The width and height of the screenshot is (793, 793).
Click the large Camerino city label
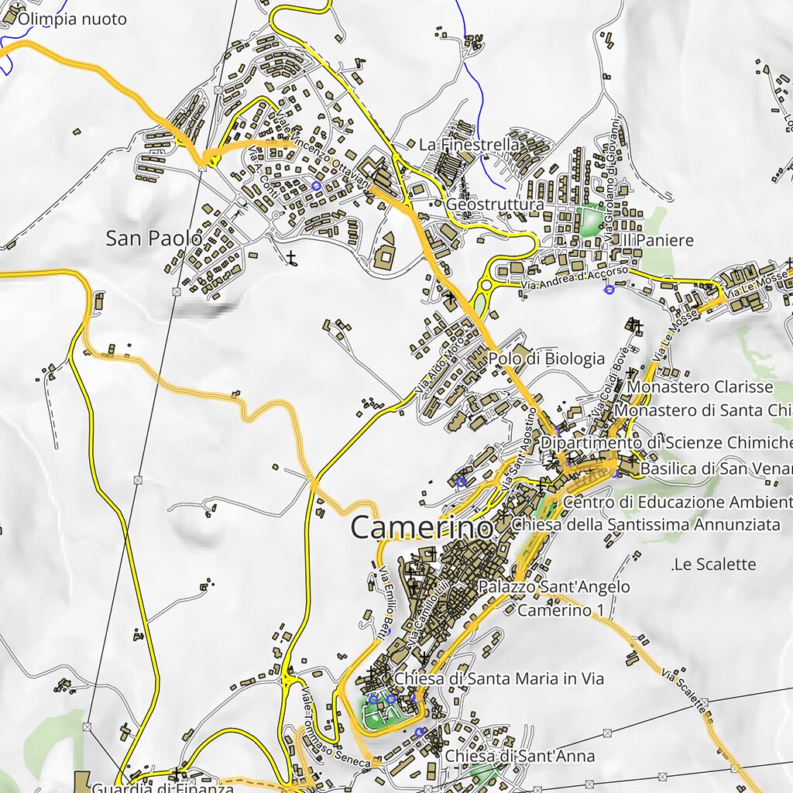click(421, 527)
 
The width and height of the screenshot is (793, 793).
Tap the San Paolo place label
click(153, 239)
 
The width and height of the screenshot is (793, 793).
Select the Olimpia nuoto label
click(72, 19)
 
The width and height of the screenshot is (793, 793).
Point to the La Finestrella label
click(469, 145)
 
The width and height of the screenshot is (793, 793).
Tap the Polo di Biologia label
click(546, 359)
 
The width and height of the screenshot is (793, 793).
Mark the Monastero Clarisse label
click(700, 386)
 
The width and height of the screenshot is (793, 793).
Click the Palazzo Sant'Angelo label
click(554, 587)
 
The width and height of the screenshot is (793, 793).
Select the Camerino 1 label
click(560, 610)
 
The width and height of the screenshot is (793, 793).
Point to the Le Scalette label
click(714, 564)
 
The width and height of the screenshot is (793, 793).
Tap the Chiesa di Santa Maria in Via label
click(499, 678)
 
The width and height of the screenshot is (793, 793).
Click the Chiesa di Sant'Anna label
click(520, 756)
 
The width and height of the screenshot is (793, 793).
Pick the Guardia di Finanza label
click(163, 788)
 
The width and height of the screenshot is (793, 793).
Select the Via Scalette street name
click(685, 691)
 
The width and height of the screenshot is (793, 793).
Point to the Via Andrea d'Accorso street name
click(573, 280)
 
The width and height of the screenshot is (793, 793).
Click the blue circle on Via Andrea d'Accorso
click(609, 290)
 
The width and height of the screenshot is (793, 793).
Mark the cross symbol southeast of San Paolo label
click(291, 257)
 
